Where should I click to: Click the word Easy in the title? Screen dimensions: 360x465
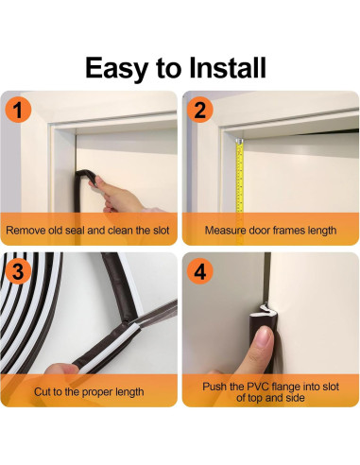(x=117, y=69)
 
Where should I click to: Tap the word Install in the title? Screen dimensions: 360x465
(x=228, y=67)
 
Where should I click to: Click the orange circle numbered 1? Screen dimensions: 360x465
(x=18, y=110)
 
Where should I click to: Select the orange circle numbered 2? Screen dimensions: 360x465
(x=200, y=110)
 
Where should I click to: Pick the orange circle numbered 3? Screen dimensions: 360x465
(x=18, y=271)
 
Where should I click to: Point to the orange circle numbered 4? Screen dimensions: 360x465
(x=200, y=271)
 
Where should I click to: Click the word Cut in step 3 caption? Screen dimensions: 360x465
(x=43, y=392)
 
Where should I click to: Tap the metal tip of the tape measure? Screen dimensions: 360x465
(x=240, y=141)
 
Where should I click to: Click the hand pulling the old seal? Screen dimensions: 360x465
(x=121, y=196)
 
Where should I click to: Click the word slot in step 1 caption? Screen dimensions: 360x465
(x=162, y=231)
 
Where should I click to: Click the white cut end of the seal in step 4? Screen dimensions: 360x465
(x=264, y=310)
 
